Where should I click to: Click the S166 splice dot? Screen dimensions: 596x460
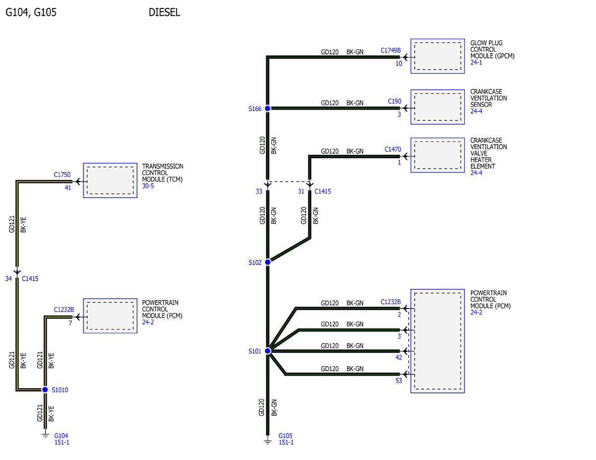pos(267,109)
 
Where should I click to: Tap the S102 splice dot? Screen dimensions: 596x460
pos(268,262)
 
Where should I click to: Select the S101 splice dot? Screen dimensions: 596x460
pos(268,351)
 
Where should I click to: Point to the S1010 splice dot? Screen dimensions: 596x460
pos(45,390)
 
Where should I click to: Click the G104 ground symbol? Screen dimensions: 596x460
pos(45,435)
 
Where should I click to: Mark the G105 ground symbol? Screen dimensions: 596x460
pos(268,441)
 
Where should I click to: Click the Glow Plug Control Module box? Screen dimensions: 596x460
pos(438,56)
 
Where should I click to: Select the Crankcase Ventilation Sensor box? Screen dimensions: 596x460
pos(438,107)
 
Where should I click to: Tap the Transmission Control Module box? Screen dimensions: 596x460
pos(110,180)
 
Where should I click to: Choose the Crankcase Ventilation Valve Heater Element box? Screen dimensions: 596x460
pos(438,155)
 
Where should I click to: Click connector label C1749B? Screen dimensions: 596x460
pos(390,51)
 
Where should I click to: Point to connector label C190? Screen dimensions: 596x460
pos(394,101)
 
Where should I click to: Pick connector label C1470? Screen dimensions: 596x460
pos(392,149)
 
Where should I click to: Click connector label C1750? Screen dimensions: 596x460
pos(62,175)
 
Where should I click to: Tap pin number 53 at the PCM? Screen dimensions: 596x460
pos(398,381)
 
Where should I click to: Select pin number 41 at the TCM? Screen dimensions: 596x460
pos(68,188)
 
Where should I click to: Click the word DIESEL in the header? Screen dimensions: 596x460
pos(164,12)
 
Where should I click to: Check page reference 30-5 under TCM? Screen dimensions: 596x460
pos(148,186)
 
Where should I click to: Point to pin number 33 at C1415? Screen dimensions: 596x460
pos(259,192)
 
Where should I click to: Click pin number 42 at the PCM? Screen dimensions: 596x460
pos(398,357)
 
